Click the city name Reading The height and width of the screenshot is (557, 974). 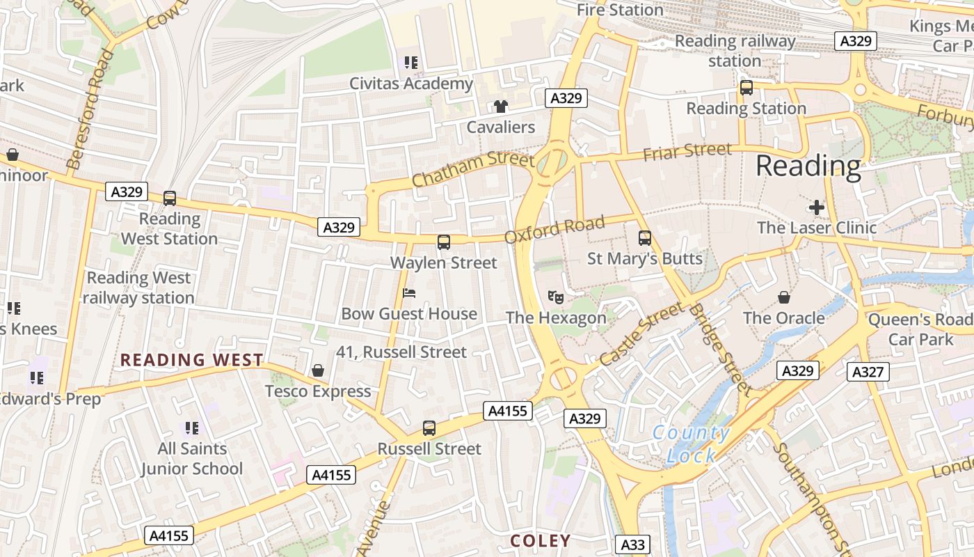click(808, 166)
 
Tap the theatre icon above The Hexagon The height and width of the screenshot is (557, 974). click(555, 297)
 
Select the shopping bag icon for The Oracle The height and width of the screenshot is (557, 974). click(784, 297)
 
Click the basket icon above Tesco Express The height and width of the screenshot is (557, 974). click(318, 370)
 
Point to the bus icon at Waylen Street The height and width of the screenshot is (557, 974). click(444, 242)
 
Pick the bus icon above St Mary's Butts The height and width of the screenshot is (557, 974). click(645, 238)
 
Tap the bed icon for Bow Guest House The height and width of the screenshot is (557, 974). click(409, 293)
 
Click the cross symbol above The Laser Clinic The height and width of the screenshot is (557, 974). click(817, 207)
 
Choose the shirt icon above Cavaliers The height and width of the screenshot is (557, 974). click(501, 107)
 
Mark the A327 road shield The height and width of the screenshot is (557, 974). click(868, 372)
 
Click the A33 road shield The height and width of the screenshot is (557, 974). click(632, 545)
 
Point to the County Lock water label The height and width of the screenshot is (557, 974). click(691, 444)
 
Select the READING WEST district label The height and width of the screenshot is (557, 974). click(192, 360)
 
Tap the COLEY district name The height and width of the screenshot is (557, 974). click(540, 541)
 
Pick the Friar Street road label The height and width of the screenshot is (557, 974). click(687, 151)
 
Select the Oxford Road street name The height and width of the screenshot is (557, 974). click(554, 230)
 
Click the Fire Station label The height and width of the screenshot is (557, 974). click(620, 10)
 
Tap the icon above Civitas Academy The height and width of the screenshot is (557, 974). click(411, 63)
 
